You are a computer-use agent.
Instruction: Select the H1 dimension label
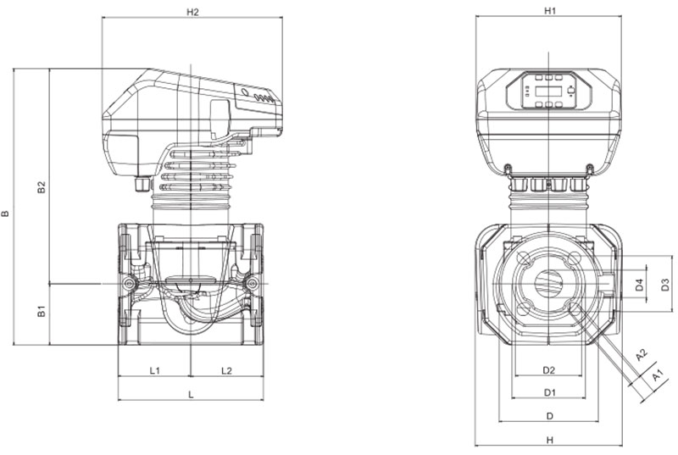(549, 11)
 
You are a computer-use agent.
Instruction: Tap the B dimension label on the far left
(7, 214)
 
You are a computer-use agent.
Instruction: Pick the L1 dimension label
(156, 371)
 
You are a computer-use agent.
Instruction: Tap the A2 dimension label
(642, 353)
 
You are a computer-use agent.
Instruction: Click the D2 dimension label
(548, 370)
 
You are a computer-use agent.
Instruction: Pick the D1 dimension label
(549, 392)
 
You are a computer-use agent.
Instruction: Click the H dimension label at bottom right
(549, 440)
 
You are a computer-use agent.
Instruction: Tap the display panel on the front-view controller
(549, 92)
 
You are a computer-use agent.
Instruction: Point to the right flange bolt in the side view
(252, 282)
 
